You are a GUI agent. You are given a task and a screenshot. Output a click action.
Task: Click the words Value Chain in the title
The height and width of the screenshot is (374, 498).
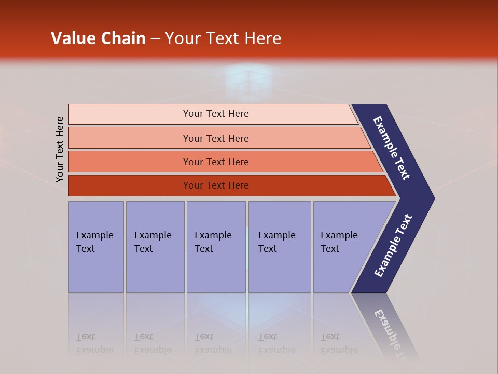pyautogui.click(x=98, y=38)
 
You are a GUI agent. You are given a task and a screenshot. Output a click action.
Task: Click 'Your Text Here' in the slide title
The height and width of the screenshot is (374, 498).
pyautogui.click(x=223, y=38)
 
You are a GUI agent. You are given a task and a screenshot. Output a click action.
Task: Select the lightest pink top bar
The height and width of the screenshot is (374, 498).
pyautogui.click(x=130, y=114)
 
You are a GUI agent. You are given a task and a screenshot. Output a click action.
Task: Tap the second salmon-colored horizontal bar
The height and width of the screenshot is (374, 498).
pyautogui.click(x=130, y=138)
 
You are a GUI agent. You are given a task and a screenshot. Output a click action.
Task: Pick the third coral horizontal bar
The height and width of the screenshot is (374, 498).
pyautogui.click(x=130, y=162)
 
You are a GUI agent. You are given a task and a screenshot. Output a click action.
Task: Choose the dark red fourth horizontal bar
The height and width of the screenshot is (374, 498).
pyautogui.click(x=130, y=185)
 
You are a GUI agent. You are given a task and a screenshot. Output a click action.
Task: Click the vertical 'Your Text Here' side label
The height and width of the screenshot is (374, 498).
pyautogui.click(x=60, y=149)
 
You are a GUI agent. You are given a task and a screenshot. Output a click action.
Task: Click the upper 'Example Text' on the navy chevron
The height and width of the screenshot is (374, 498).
pyautogui.click(x=392, y=148)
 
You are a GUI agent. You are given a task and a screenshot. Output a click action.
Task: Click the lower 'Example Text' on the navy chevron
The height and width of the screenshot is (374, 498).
pyautogui.click(x=393, y=245)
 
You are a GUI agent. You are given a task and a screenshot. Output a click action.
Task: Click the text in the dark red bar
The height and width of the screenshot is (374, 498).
pyautogui.click(x=216, y=185)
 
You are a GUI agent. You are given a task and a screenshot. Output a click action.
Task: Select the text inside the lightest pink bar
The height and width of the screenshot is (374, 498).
pyautogui.click(x=216, y=114)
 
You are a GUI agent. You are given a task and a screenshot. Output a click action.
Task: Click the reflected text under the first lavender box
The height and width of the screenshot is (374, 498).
pyautogui.click(x=94, y=344)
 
